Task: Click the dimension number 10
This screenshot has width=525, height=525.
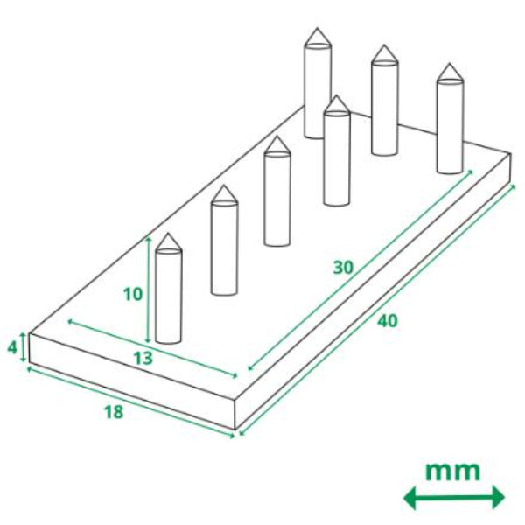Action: click(133, 295)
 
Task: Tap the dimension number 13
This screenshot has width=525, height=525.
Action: click(143, 358)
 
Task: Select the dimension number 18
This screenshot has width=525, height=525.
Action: click(114, 412)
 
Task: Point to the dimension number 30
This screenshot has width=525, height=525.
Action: click(343, 268)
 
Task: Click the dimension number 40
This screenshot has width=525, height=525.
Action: click(388, 321)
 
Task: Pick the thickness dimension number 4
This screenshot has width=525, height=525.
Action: click(12, 348)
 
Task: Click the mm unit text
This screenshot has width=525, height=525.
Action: click(452, 471)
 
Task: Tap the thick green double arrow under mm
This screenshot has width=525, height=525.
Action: click(454, 498)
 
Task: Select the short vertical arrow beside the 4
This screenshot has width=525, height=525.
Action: click(23, 347)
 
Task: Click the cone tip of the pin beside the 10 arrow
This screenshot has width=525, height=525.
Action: click(169, 234)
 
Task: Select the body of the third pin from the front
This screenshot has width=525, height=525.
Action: click(276, 199)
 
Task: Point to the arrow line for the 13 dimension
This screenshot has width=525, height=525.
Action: click(152, 349)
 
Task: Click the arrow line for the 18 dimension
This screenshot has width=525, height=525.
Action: click(130, 402)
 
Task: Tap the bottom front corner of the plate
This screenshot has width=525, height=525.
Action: click(235, 429)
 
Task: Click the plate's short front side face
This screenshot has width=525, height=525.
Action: click(132, 381)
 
